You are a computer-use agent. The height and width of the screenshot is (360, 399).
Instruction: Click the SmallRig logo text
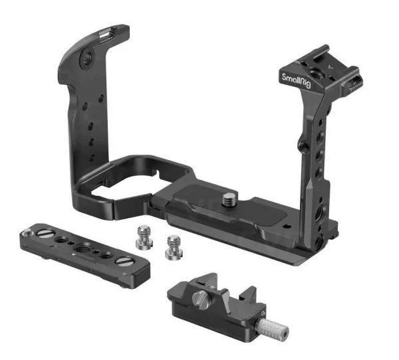coord(296,80)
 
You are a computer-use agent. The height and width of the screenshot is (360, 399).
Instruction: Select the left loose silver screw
coord(144,237)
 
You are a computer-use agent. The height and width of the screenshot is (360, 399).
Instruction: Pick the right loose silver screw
coord(174,248)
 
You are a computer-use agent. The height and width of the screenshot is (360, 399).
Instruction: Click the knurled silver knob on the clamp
coord(272,327)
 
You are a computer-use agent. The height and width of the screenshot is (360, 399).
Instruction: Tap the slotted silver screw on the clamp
coord(199,300)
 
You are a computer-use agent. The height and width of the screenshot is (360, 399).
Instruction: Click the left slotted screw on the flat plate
coord(43,232)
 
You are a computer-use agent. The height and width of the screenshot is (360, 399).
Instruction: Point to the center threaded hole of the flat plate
coord(80,247)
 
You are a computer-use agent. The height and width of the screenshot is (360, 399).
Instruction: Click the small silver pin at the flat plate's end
coord(27,231)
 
